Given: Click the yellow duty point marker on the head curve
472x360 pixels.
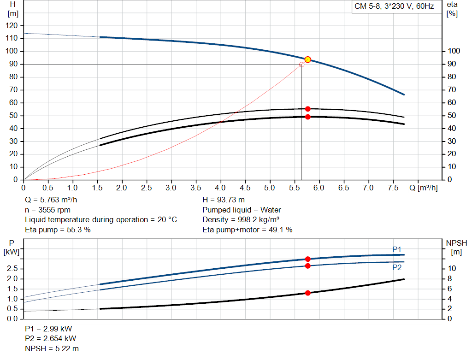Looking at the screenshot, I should click(x=308, y=59).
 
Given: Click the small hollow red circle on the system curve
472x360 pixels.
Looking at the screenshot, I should click(x=302, y=65).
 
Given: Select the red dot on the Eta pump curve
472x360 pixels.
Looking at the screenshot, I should click(x=308, y=109).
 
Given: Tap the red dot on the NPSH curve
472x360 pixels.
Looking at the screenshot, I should click(x=308, y=293).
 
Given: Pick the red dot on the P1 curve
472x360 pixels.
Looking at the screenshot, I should click(x=308, y=259).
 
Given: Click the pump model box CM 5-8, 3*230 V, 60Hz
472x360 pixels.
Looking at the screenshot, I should click(x=394, y=7).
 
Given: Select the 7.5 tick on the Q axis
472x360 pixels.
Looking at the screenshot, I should click(x=393, y=188).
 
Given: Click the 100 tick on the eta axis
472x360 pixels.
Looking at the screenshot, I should click(x=454, y=51).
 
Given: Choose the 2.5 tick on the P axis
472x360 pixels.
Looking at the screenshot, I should click(x=13, y=269).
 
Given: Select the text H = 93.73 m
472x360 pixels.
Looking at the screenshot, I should click(x=224, y=200).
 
